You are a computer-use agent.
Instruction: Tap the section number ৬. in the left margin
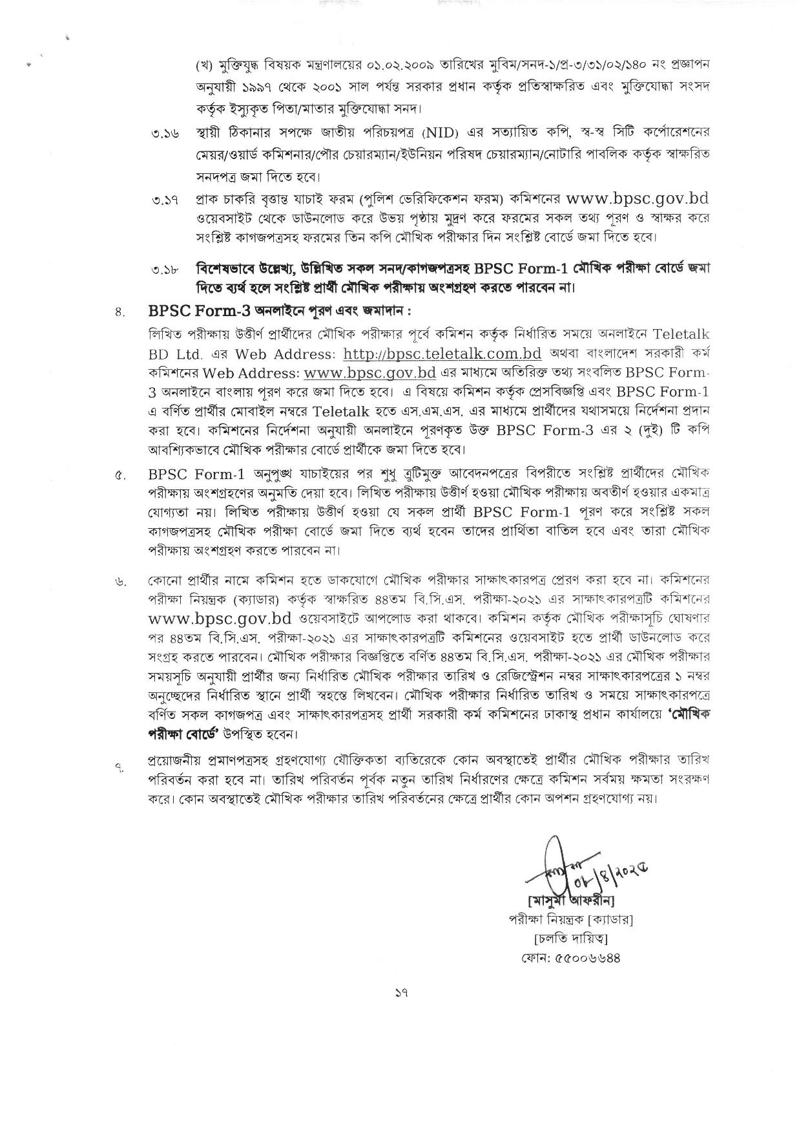[119, 582]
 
